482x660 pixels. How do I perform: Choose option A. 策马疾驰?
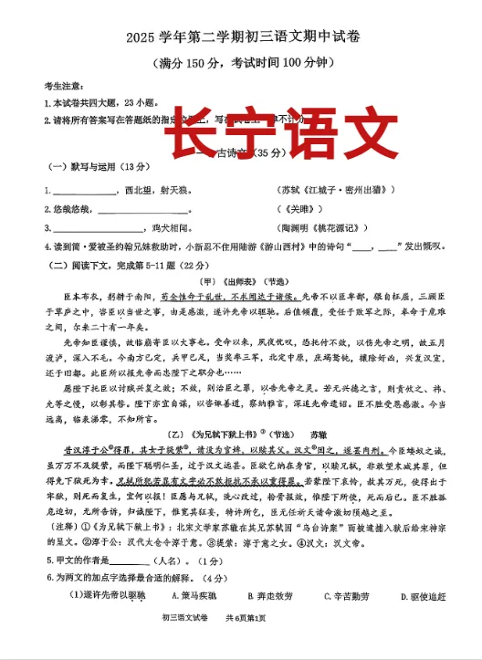pyautogui.click(x=194, y=596)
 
